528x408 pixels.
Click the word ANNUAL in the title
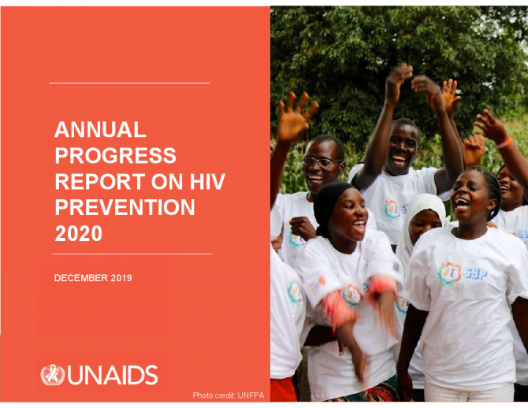coord(100,130)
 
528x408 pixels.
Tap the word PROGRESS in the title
coord(116,155)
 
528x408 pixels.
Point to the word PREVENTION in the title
coord(125,207)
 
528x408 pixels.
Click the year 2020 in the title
coord(79,233)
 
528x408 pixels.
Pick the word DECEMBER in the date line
coord(81,278)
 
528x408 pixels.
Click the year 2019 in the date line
coord(121,278)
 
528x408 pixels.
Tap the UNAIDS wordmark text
coord(113,375)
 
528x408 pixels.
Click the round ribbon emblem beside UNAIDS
coord(53,375)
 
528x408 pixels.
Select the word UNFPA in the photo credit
coord(251,395)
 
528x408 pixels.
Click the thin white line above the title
coord(129,83)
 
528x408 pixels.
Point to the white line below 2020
coord(132,254)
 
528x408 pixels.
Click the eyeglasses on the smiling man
coord(322,162)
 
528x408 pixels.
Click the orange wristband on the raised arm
coord(504,143)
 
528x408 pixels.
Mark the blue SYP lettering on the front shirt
coord(475,273)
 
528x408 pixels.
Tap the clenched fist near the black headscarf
coord(303,228)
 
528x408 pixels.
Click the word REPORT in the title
coord(100,181)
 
